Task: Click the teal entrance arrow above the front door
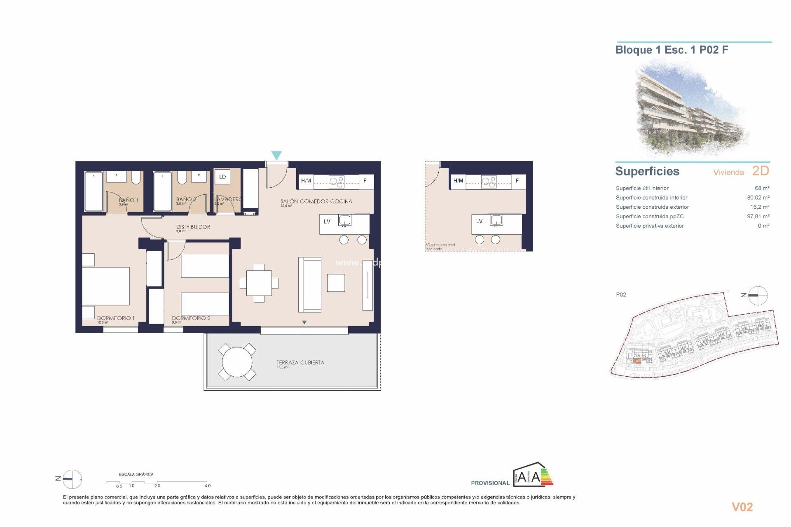tap(276, 155)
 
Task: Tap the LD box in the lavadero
tap(222, 177)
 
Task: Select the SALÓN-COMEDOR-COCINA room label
tap(316, 201)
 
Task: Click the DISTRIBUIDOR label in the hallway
tap(193, 227)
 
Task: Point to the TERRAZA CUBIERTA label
tap(300, 362)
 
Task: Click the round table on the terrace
tap(237, 362)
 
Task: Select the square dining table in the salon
tap(259, 283)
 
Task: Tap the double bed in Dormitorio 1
tap(106, 286)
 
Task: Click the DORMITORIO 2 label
tap(191, 318)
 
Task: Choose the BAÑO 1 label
tap(129, 200)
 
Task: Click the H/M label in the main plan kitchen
tap(306, 181)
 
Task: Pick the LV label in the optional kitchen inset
tap(479, 221)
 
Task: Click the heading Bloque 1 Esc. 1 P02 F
tap(672, 50)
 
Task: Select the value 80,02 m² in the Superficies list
tap(758, 198)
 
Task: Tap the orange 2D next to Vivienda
tap(760, 171)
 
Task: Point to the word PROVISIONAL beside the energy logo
tap(490, 483)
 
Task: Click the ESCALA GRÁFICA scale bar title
tap(136, 474)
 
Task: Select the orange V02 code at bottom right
tap(742, 507)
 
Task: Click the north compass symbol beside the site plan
tap(757, 295)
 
